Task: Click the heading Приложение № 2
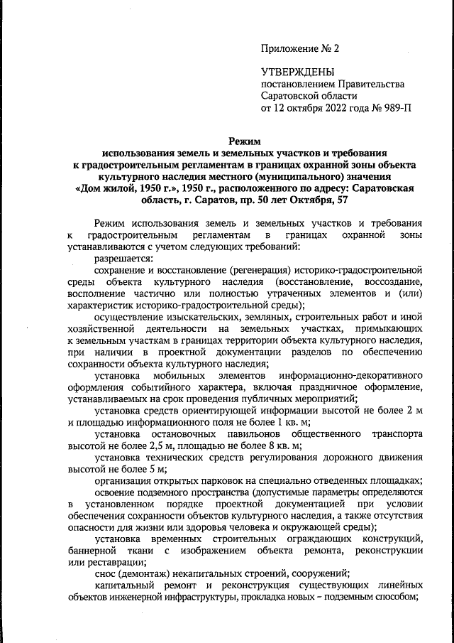point(301,49)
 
